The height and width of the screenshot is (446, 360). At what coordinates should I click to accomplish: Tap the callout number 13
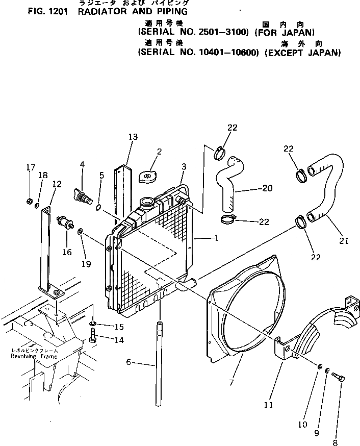coord(133,136)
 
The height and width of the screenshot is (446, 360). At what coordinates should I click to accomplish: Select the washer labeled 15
coord(93,324)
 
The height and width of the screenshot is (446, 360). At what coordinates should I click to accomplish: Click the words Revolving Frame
coord(34,357)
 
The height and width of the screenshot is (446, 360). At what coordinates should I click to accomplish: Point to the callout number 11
coord(268,405)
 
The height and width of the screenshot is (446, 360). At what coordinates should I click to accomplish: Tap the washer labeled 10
coord(319,367)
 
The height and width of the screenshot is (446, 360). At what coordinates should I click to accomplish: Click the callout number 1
coord(217,238)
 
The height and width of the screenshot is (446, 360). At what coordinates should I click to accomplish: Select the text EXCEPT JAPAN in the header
coord(303,52)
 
